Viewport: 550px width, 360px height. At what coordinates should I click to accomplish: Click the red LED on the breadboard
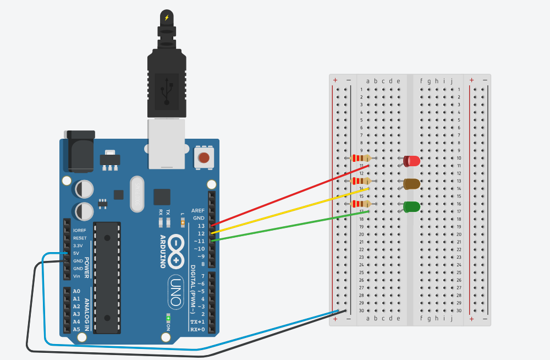[x=412, y=161]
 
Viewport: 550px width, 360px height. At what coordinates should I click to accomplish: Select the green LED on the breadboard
[x=412, y=207]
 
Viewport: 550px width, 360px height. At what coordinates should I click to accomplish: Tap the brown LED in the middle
[x=412, y=184]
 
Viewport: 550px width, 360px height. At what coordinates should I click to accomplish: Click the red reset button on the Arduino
[x=204, y=158]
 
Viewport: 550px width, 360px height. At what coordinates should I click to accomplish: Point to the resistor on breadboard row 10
[x=360, y=159]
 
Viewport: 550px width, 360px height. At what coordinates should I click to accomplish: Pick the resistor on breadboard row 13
[x=360, y=181]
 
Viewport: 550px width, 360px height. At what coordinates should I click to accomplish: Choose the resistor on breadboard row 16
[x=360, y=204]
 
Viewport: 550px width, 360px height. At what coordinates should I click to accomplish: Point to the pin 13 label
[x=201, y=226]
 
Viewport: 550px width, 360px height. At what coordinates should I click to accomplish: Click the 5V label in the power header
[x=76, y=253]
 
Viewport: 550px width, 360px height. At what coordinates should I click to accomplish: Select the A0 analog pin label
[x=76, y=291]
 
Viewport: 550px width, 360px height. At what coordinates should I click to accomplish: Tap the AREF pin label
[x=198, y=211]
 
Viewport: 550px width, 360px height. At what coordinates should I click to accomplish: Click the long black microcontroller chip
[x=107, y=277]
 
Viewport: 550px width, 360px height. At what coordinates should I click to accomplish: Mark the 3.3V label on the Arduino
[x=78, y=246]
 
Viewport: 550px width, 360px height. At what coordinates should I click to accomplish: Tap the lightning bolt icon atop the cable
[x=167, y=18]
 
